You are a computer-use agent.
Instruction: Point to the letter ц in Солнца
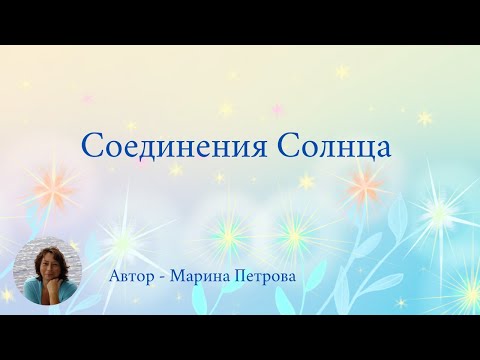pyautogui.click(x=363, y=149)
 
